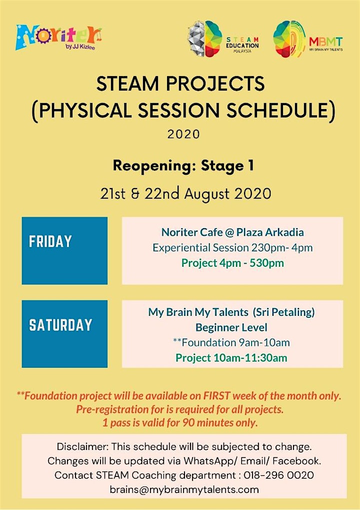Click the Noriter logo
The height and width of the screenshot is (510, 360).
coord(58,38)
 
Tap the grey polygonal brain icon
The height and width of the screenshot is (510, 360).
coord(196,39)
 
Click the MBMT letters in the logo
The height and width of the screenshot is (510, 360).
coord(325,42)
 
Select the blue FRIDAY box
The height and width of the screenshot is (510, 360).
coord(64,250)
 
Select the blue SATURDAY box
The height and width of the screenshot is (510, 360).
coord(64,334)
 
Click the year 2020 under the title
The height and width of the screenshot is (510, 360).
coord(183,134)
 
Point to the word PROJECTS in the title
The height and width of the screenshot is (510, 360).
coord(215,84)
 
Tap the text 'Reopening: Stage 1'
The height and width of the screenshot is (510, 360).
coord(183,166)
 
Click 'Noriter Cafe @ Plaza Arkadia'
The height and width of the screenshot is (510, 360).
coord(232,232)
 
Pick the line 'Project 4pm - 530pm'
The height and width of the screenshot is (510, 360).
coord(232,263)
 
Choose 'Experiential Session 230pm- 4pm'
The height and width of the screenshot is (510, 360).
coord(232,248)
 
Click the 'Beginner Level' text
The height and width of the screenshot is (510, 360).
coord(231,327)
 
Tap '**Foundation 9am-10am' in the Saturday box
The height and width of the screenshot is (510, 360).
coord(231,342)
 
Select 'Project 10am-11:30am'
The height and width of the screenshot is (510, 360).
coord(231,358)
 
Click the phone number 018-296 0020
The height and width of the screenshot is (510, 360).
coord(279,475)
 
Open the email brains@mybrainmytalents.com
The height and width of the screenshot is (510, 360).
coord(184,489)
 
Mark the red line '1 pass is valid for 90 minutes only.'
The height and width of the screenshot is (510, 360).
coord(180,422)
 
